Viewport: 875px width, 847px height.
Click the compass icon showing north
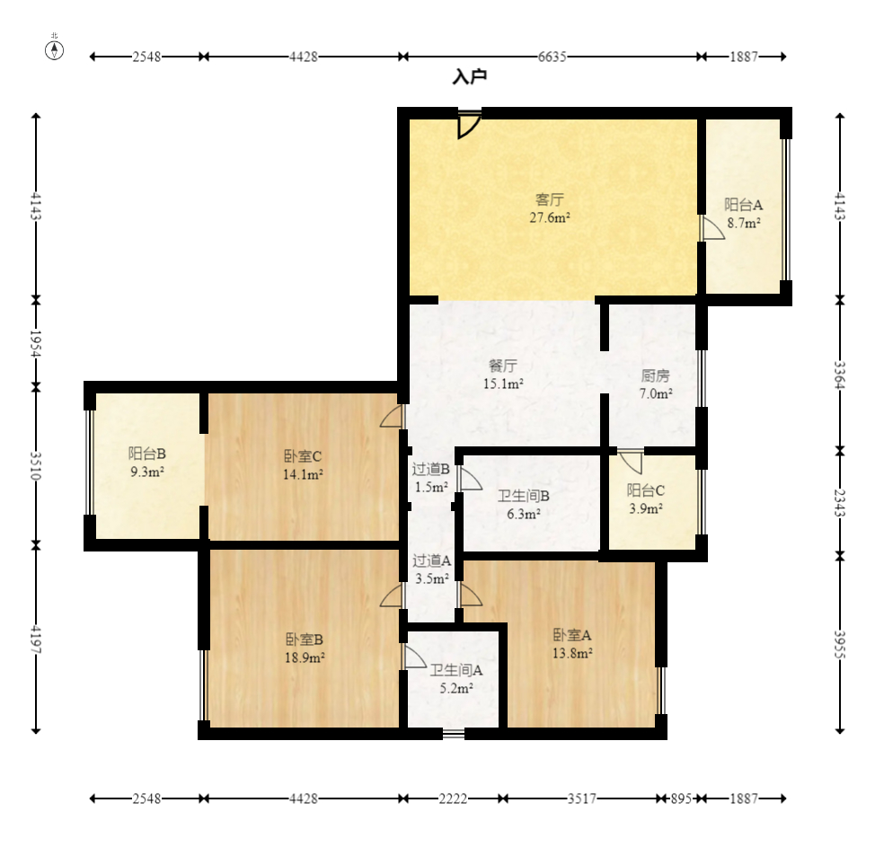click(x=54, y=50)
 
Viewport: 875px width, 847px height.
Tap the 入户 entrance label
click(x=470, y=76)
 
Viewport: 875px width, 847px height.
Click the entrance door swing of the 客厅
click(x=469, y=126)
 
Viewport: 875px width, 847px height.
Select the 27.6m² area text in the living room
click(x=550, y=217)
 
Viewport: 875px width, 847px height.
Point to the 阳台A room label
click(x=743, y=205)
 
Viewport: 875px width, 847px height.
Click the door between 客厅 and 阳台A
click(x=712, y=228)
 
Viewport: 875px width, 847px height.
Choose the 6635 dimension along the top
click(x=552, y=57)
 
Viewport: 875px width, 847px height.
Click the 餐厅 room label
click(x=503, y=366)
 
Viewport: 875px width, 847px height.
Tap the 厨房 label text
click(x=655, y=376)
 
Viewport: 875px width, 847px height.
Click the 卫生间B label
click(x=524, y=496)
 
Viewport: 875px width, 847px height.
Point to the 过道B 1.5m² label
click(x=431, y=478)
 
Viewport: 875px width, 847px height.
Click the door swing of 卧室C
click(x=392, y=416)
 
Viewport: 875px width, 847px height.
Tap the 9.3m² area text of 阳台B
click(x=147, y=472)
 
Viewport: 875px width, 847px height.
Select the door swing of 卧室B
click(x=392, y=595)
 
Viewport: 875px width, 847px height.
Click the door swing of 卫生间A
click(x=414, y=657)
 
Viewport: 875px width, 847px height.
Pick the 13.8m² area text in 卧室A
click(x=572, y=653)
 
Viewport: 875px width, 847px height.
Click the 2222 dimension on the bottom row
click(x=453, y=798)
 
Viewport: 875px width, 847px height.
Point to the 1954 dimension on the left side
click(x=36, y=343)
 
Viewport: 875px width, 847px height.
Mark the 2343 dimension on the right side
click(x=840, y=503)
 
